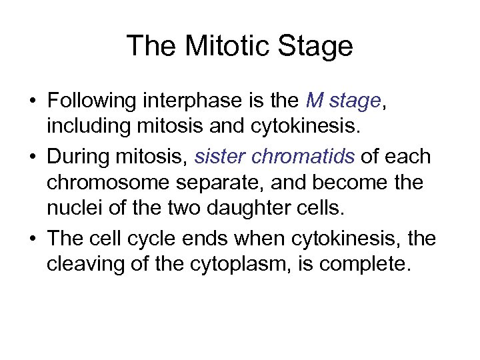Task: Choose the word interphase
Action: click(x=191, y=102)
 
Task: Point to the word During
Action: click(x=76, y=159)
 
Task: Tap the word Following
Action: click(x=94, y=102)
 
